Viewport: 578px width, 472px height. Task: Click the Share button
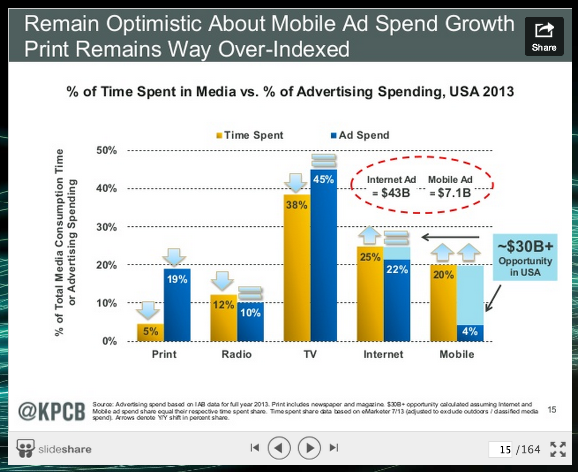(x=544, y=36)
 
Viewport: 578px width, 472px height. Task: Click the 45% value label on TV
(x=324, y=179)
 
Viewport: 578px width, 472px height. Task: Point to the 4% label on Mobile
(x=470, y=331)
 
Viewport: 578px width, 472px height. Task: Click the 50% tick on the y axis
(x=107, y=150)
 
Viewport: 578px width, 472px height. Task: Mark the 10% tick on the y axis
(x=107, y=303)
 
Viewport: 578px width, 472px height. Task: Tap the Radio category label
(x=237, y=354)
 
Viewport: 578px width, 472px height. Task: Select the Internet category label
(x=383, y=354)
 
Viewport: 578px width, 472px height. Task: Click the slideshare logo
(x=54, y=448)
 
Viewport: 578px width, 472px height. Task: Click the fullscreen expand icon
(x=558, y=449)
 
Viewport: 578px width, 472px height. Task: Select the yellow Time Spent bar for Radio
(x=223, y=318)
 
